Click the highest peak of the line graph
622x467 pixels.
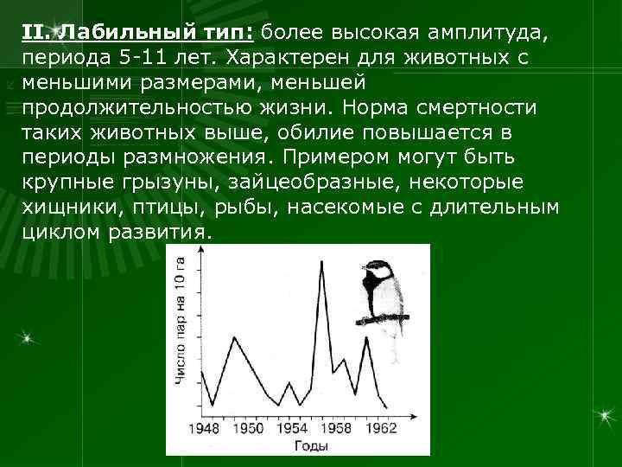[x=322, y=261]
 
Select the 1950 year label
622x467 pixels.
[x=248, y=427]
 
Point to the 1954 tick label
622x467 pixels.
[x=292, y=427]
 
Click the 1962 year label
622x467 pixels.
[x=381, y=427]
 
